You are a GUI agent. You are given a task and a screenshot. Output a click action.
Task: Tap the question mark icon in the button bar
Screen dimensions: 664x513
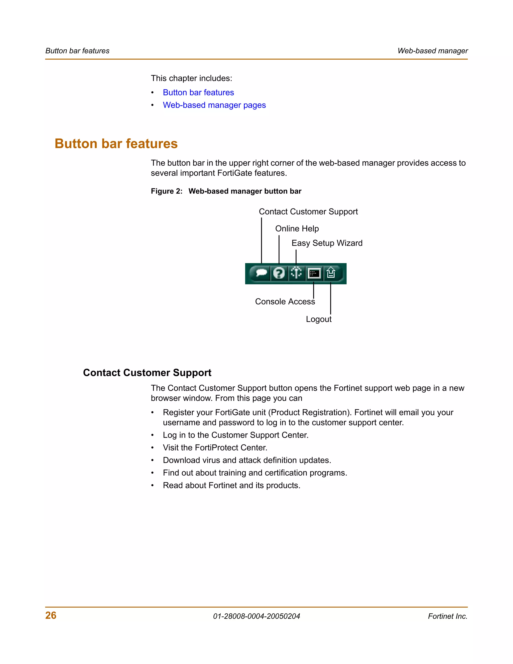tap(279, 273)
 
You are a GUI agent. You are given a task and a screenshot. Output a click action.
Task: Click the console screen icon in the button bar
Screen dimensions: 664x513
tap(314, 273)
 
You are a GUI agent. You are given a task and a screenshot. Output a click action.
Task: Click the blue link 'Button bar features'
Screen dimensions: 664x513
tap(198, 92)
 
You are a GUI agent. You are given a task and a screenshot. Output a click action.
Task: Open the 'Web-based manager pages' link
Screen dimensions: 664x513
tap(214, 105)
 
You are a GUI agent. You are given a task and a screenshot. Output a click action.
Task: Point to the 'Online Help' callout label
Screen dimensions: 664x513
tap(297, 229)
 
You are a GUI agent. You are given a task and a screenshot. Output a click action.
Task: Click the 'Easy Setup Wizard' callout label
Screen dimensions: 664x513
tap(327, 243)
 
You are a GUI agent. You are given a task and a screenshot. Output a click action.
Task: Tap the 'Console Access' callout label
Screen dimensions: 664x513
tap(285, 302)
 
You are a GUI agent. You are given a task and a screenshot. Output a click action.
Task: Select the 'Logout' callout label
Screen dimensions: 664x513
tap(319, 319)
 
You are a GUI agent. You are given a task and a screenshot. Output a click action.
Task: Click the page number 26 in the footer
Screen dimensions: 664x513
tap(51, 615)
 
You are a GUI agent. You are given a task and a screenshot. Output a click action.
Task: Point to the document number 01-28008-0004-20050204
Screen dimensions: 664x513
tap(256, 616)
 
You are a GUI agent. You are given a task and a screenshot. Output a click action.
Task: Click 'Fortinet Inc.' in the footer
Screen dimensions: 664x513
tap(447, 616)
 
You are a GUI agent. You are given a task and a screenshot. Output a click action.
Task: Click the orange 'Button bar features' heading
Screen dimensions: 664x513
tap(116, 144)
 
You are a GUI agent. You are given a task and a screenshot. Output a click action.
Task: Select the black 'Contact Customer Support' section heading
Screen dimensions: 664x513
tap(147, 373)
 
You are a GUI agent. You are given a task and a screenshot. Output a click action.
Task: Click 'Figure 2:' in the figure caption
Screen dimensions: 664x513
tap(167, 191)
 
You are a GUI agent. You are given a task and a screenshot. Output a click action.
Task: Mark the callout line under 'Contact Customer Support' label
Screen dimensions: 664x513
tap(261, 240)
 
